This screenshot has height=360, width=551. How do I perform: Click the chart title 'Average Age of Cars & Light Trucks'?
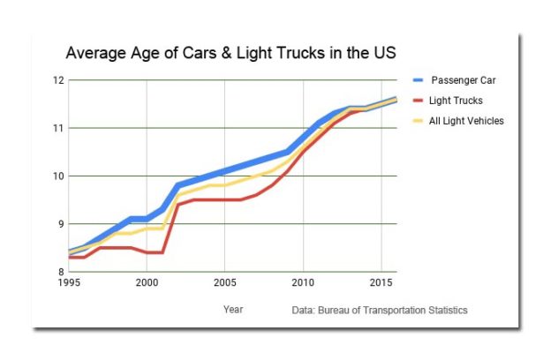[230, 53]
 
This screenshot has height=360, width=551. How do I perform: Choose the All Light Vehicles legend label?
[467, 121]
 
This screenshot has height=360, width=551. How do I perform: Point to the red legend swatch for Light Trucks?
[418, 101]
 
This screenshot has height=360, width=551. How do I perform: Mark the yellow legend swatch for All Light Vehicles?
[418, 121]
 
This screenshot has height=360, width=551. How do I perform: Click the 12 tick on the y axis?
[57, 80]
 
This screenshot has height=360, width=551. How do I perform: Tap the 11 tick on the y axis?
[57, 128]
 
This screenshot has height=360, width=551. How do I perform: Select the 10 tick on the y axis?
[57, 176]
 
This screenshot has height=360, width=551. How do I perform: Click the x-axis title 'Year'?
[233, 310]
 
